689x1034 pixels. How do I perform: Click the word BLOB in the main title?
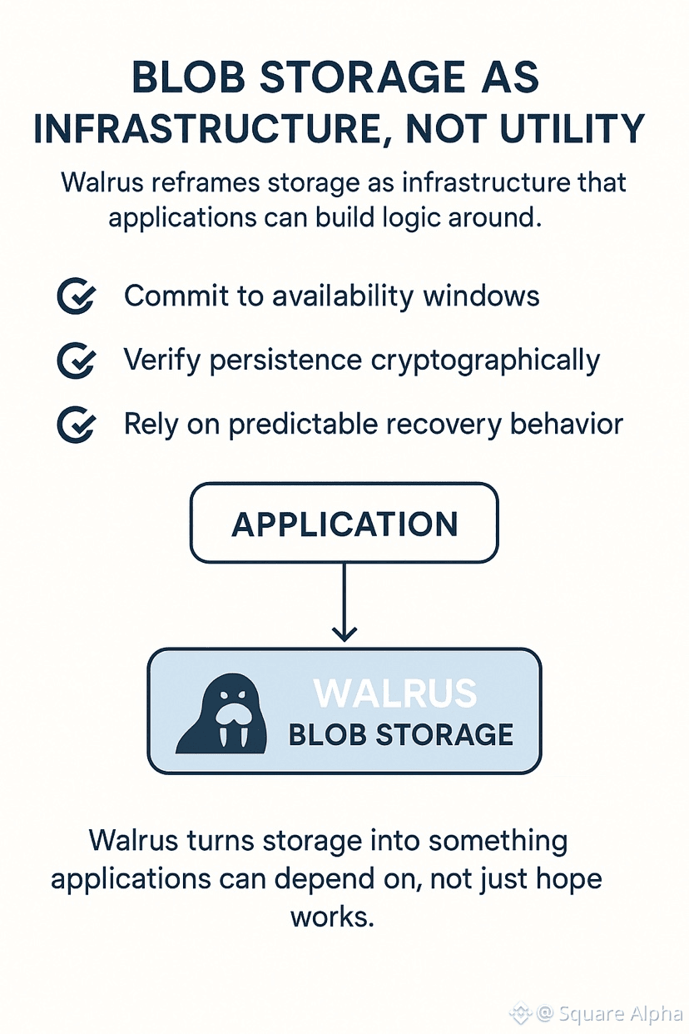(x=189, y=77)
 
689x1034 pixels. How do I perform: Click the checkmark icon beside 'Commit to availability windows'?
(x=77, y=296)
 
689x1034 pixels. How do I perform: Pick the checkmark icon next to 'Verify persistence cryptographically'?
(x=77, y=360)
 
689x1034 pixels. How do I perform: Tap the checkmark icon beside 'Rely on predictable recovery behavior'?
(x=77, y=425)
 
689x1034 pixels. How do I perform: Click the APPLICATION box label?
(x=344, y=524)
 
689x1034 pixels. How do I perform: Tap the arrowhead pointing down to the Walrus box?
(x=344, y=634)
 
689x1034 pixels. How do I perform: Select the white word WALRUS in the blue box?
(x=395, y=693)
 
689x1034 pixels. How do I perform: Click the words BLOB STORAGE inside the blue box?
(x=400, y=735)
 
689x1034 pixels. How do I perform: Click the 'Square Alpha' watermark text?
(x=620, y=1014)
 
